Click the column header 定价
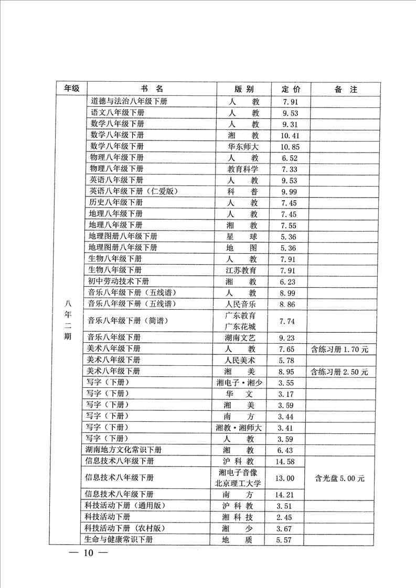click(x=291, y=89)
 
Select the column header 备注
click(x=346, y=89)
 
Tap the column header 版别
click(x=243, y=89)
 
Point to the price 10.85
click(x=290, y=146)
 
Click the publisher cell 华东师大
click(x=243, y=146)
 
